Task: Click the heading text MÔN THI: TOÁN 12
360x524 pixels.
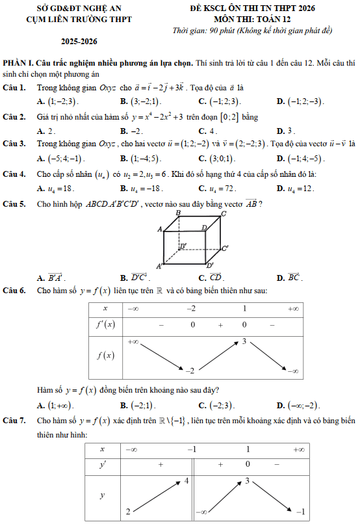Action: (x=252, y=19)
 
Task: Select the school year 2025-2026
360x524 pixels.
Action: (x=79, y=42)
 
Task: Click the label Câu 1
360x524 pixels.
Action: (x=14, y=88)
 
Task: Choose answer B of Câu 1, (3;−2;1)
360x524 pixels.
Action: (x=140, y=101)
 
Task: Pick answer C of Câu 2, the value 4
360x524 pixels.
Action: (x=208, y=131)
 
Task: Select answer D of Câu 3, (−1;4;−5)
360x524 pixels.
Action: (x=301, y=159)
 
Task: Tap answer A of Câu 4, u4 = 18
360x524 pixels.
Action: (x=55, y=189)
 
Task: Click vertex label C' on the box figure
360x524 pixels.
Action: (x=225, y=248)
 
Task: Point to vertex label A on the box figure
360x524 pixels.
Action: (x=160, y=229)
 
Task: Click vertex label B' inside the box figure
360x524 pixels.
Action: (x=183, y=246)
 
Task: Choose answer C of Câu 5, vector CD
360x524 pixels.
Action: (x=211, y=278)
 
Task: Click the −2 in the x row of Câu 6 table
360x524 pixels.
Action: (x=191, y=309)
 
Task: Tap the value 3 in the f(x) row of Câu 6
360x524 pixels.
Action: (x=244, y=341)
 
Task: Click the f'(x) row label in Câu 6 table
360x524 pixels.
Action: (x=105, y=325)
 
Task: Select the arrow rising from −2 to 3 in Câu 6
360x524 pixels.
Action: (x=219, y=356)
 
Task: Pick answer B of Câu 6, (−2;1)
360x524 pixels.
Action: (x=138, y=406)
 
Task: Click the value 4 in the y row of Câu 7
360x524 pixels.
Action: (x=186, y=481)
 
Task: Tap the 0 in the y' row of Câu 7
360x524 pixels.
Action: (x=248, y=464)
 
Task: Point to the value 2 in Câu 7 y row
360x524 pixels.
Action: (x=128, y=512)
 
